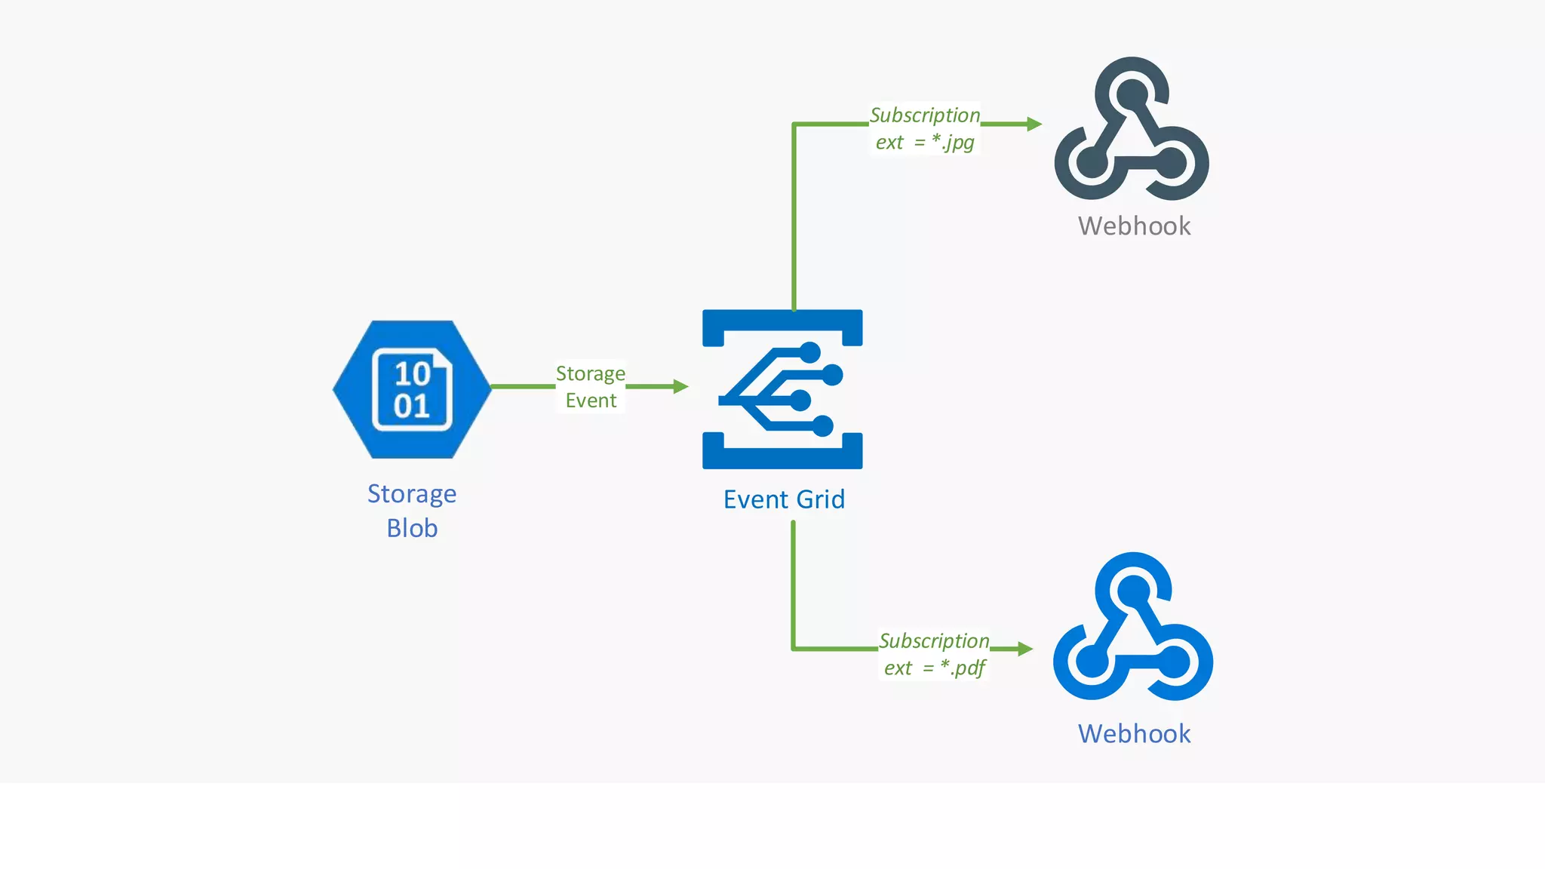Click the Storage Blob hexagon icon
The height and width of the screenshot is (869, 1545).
[x=412, y=389]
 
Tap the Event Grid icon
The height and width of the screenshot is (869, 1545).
[x=782, y=389]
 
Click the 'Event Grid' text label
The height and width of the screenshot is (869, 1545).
[x=784, y=499]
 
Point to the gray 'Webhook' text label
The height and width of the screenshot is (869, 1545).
[x=1134, y=226]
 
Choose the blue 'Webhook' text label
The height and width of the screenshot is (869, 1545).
[x=1134, y=734]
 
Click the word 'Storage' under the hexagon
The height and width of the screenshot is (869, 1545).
[x=412, y=494]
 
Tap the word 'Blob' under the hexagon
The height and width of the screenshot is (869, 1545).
[x=412, y=529]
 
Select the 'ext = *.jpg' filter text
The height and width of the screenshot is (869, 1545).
[x=925, y=143]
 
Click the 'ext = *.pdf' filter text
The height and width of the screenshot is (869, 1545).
[x=935, y=668]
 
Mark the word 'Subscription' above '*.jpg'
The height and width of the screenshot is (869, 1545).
[x=925, y=115]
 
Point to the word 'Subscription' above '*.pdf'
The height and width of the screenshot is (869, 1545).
[x=934, y=641]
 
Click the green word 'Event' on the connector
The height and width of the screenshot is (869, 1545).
[x=591, y=401]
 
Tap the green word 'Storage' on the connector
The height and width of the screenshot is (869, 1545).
[x=591, y=374]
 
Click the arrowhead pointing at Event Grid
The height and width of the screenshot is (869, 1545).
[x=680, y=387]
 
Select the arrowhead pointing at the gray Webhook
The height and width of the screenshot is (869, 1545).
[x=1034, y=124]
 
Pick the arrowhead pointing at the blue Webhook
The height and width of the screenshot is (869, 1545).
[x=1025, y=649]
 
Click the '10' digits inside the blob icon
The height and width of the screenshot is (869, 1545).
[x=412, y=373]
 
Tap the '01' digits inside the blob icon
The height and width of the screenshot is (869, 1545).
[x=412, y=407]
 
